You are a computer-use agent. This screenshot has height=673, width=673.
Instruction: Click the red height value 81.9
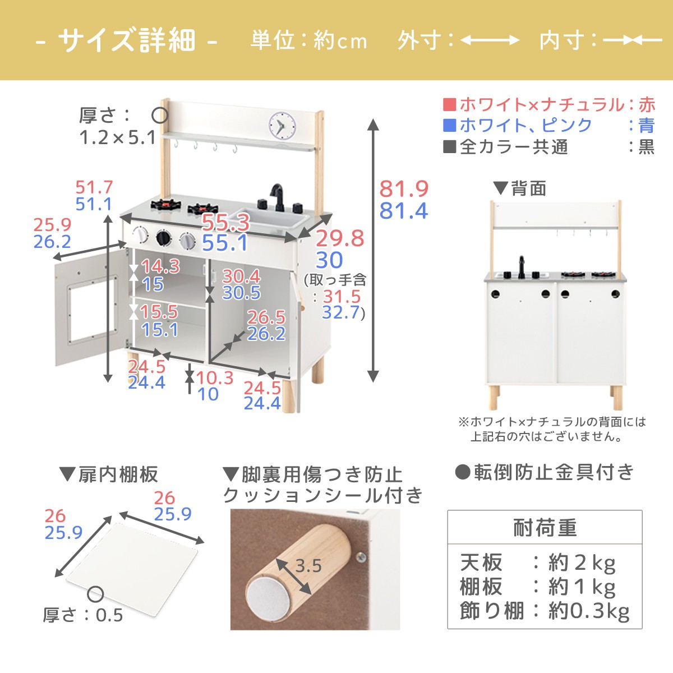tap(404, 189)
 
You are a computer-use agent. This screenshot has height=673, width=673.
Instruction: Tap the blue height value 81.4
tap(404, 211)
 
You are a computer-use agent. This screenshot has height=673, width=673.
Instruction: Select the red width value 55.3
tap(225, 223)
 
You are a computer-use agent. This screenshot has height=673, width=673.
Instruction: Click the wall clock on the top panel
tap(282, 125)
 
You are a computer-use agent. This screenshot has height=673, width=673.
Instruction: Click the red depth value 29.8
tap(340, 238)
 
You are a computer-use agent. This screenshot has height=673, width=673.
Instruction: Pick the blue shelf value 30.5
tap(241, 293)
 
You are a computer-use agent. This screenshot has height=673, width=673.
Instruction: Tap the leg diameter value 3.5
tap(308, 566)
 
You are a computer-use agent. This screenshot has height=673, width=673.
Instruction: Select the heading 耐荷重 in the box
tap(545, 528)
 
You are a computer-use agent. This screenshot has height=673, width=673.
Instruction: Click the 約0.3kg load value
tap(589, 611)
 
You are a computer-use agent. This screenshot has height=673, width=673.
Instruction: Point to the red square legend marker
tap(449, 105)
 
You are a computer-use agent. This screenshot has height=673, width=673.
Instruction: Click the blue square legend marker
tap(449, 125)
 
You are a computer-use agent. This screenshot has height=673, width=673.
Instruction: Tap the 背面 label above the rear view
tap(528, 188)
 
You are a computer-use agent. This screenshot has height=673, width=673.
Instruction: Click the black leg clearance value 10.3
tap(215, 377)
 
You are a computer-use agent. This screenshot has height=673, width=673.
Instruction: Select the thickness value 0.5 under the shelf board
tap(109, 615)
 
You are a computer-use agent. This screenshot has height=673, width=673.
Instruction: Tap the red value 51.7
tap(94, 187)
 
